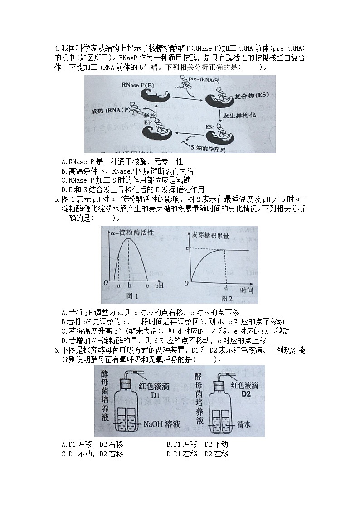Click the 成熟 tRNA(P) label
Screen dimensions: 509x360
click(x=110, y=111)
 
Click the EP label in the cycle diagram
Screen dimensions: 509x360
click(x=148, y=122)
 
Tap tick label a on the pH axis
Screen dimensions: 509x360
click(x=118, y=286)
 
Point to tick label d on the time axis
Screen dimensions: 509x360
click(x=226, y=287)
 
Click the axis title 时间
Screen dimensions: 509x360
click(x=247, y=289)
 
